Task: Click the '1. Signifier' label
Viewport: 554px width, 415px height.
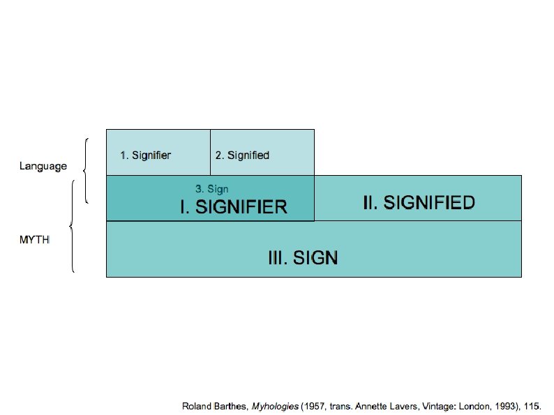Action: [146, 156]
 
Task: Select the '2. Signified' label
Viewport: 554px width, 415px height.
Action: [242, 156]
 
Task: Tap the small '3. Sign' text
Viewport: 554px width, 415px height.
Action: [211, 189]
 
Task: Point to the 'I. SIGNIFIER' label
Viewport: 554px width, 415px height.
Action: [234, 207]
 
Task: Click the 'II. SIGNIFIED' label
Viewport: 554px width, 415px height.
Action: [419, 203]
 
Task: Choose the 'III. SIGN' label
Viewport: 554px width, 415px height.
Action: [303, 258]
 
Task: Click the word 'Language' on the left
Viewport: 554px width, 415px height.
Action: [43, 166]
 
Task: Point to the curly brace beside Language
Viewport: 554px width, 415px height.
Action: [84, 171]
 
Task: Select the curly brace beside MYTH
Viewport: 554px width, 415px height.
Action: [73, 226]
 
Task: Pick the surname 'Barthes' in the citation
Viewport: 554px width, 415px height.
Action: [232, 405]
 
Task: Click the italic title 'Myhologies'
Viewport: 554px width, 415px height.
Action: [276, 405]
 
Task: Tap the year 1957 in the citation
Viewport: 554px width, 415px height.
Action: [314, 405]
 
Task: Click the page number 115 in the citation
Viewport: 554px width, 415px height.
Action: [534, 405]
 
